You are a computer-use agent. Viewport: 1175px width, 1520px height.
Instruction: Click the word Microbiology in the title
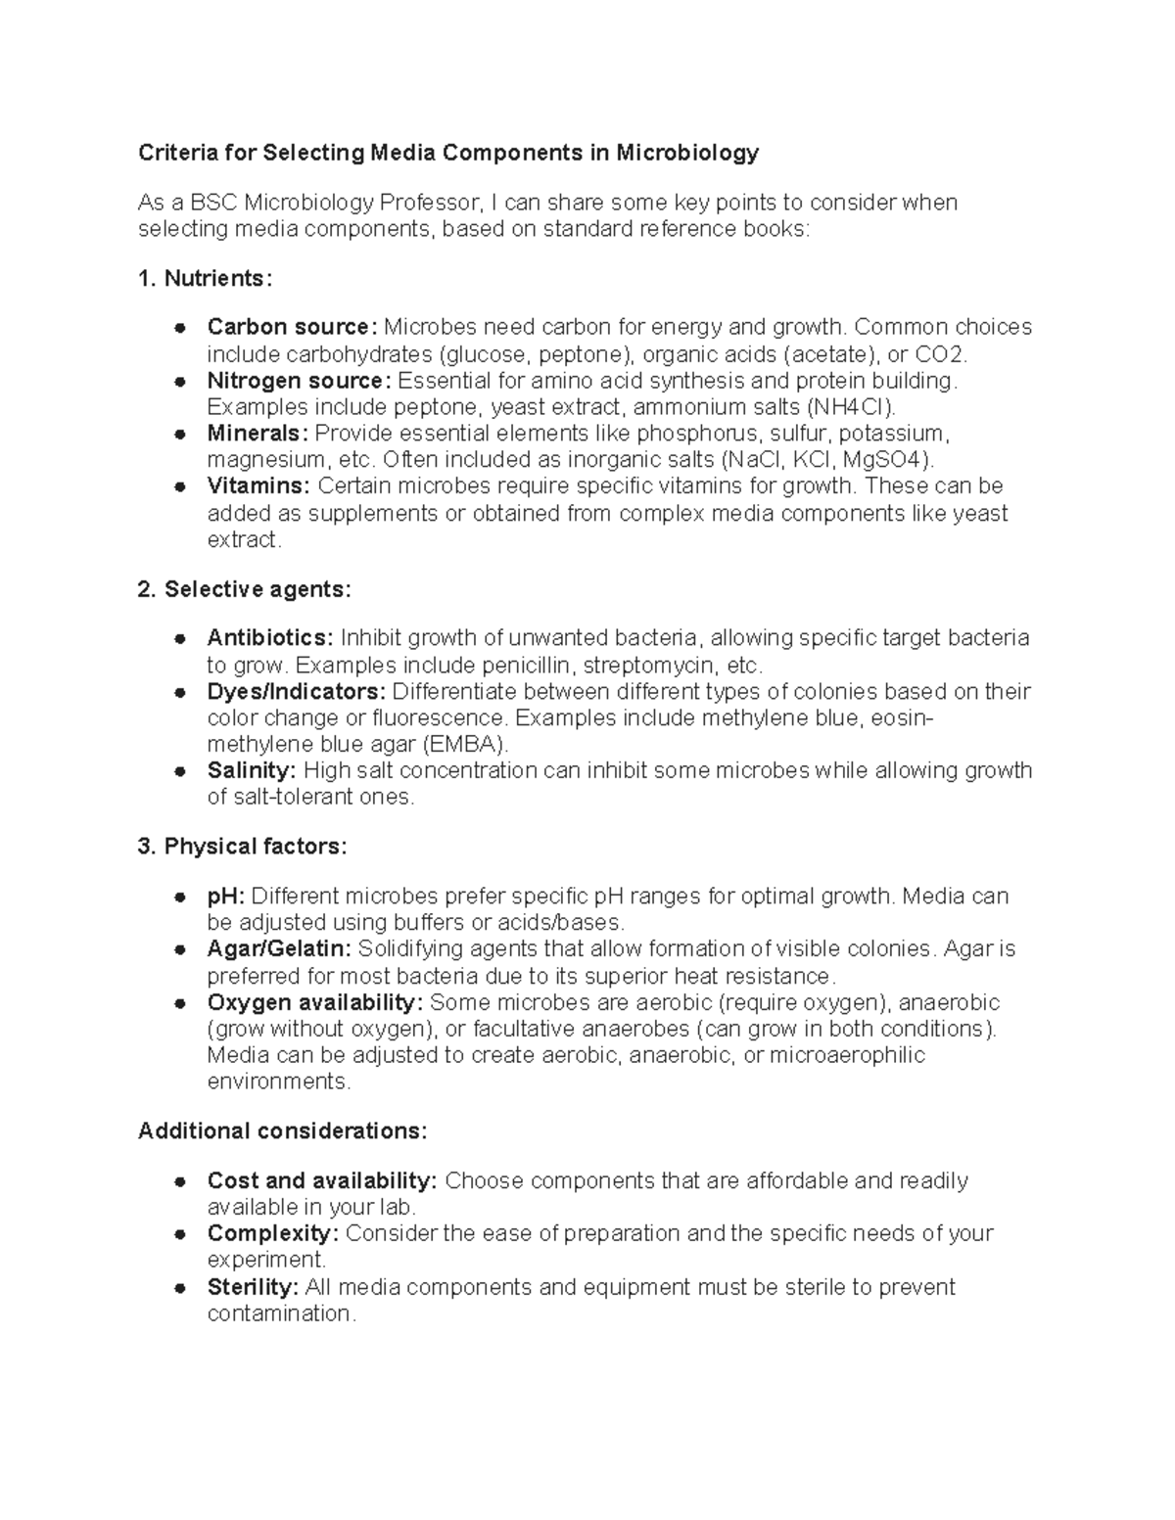pyautogui.click(x=687, y=153)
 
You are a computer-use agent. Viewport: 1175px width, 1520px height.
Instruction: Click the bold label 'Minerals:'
pyautogui.click(x=258, y=434)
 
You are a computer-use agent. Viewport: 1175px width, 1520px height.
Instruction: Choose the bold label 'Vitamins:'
pyautogui.click(x=258, y=486)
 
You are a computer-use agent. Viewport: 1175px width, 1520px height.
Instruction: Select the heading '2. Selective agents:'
pyautogui.click(x=244, y=589)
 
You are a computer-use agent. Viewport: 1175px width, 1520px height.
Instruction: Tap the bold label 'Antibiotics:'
pyautogui.click(x=270, y=638)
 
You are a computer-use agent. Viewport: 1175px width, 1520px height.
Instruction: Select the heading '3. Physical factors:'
pyautogui.click(x=242, y=847)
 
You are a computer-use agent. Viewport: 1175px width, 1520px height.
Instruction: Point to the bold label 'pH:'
pyautogui.click(x=226, y=897)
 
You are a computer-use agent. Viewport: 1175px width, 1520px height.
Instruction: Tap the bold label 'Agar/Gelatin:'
pyautogui.click(x=279, y=949)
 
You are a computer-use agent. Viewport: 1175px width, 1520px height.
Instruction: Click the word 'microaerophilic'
pyautogui.click(x=847, y=1055)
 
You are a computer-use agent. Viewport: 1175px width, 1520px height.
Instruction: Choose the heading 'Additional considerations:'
pyautogui.click(x=282, y=1131)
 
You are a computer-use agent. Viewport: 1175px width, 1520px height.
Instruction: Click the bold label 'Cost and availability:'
pyautogui.click(x=322, y=1181)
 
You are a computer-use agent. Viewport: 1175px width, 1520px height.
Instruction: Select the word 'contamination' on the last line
pyautogui.click(x=279, y=1313)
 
